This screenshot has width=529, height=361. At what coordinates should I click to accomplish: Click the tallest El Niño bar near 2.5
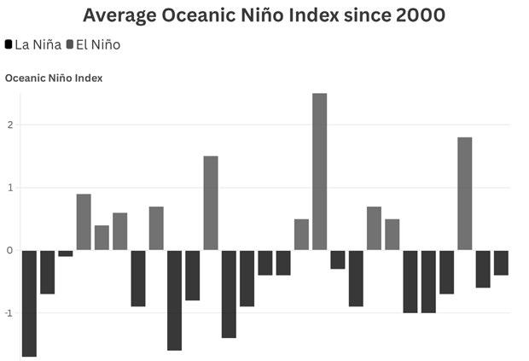click(319, 172)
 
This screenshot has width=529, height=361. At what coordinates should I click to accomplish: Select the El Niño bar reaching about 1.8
click(464, 194)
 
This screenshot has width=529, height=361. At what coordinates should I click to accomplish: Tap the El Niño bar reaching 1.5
click(211, 203)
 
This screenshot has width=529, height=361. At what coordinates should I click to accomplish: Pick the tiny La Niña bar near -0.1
click(66, 253)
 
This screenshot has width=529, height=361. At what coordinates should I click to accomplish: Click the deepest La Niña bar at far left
click(29, 303)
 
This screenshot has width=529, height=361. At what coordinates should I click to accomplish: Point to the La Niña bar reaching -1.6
click(174, 300)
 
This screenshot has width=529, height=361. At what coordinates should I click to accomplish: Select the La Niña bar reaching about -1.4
click(229, 294)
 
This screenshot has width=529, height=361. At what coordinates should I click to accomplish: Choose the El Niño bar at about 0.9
click(84, 222)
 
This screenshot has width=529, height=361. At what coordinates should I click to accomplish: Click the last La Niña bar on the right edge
click(501, 263)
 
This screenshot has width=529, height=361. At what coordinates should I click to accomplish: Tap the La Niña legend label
click(38, 45)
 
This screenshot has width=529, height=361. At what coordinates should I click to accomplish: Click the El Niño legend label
click(98, 45)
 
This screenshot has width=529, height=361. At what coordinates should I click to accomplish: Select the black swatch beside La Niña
click(9, 44)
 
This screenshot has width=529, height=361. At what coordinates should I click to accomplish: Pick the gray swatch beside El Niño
click(70, 44)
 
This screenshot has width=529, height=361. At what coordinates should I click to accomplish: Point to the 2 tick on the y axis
click(10, 125)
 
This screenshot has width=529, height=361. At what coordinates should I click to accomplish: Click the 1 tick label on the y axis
click(10, 188)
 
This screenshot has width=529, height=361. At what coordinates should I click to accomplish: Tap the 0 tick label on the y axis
click(9, 250)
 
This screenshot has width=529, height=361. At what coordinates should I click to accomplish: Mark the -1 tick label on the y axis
click(9, 313)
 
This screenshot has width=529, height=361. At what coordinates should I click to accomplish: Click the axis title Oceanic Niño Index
click(54, 79)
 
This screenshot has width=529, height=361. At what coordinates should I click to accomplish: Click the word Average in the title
click(119, 16)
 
